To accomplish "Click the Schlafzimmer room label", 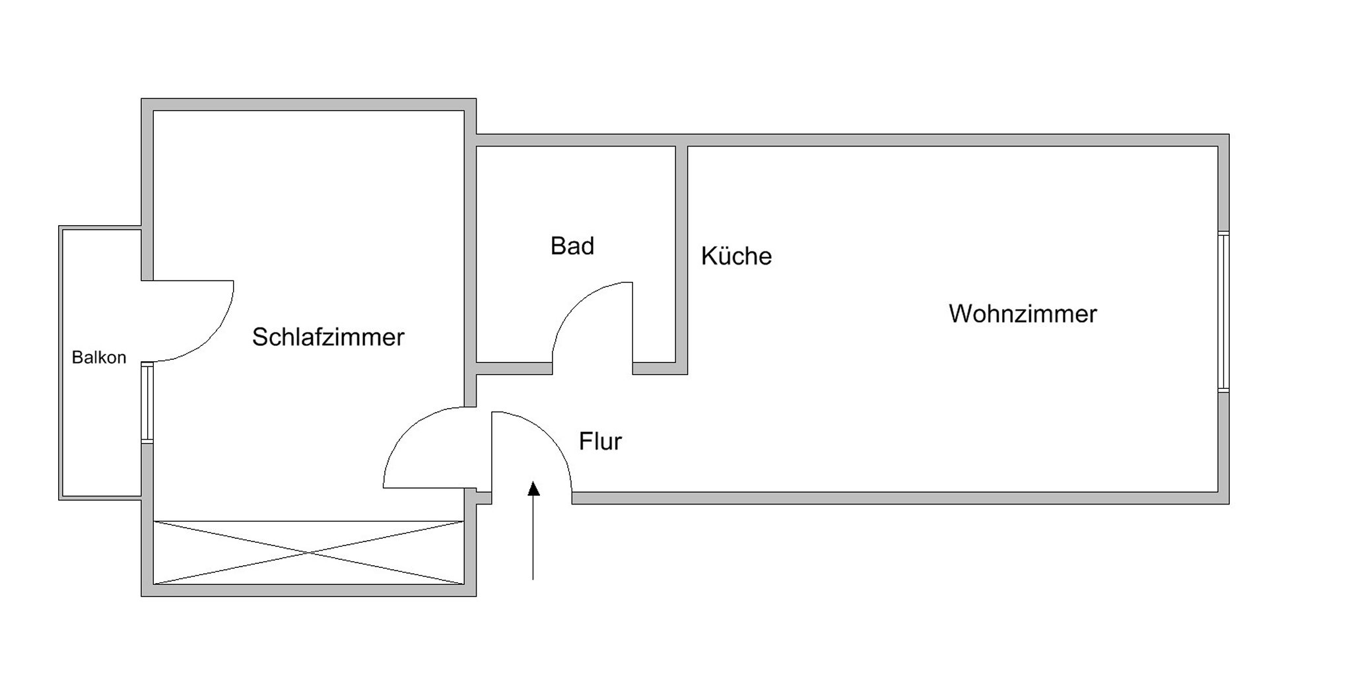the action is (x=328, y=337).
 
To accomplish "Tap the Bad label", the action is (x=572, y=246).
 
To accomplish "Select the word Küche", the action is (x=736, y=256).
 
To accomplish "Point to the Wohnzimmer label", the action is (x=1023, y=314).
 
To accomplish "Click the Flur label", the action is (x=600, y=441).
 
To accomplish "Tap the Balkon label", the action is (x=99, y=357).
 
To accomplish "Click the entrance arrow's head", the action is (x=533, y=488).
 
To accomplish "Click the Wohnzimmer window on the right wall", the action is (x=1223, y=311).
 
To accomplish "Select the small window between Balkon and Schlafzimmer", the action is (x=147, y=402).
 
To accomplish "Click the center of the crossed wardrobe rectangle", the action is (x=309, y=552).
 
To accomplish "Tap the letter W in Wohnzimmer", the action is (x=961, y=314).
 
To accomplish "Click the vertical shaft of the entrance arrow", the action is (x=533, y=537).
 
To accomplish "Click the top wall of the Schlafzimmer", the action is (x=309, y=104).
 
